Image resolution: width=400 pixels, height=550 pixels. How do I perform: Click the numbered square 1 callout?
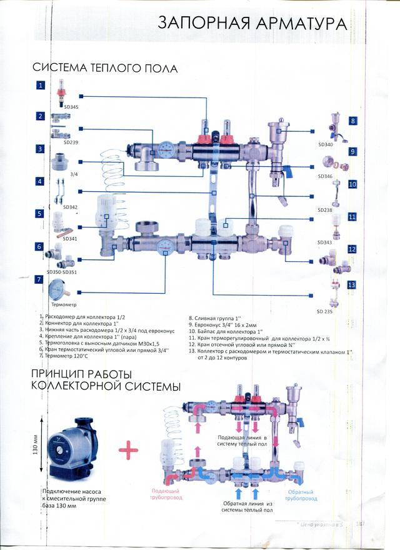(x=41, y=86)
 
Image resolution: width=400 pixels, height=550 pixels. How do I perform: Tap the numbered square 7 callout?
(x=39, y=280)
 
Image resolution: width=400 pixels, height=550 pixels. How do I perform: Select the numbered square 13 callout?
(x=351, y=284)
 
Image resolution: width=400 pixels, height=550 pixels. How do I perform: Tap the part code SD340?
(x=326, y=145)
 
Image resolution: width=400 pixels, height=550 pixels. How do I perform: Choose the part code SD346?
(x=326, y=177)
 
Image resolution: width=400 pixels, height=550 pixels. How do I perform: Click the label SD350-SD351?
(x=61, y=272)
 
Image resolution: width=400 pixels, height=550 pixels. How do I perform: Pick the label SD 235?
(x=324, y=311)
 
